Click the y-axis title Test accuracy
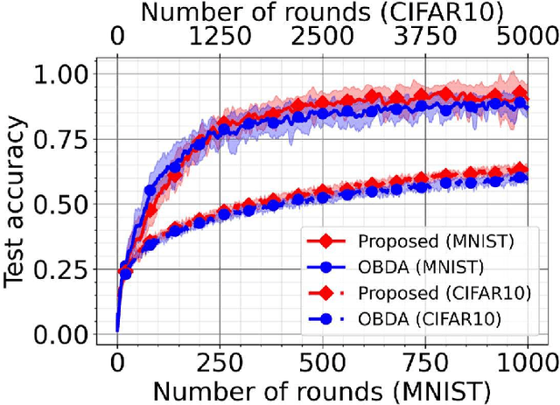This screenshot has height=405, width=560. (17, 205)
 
